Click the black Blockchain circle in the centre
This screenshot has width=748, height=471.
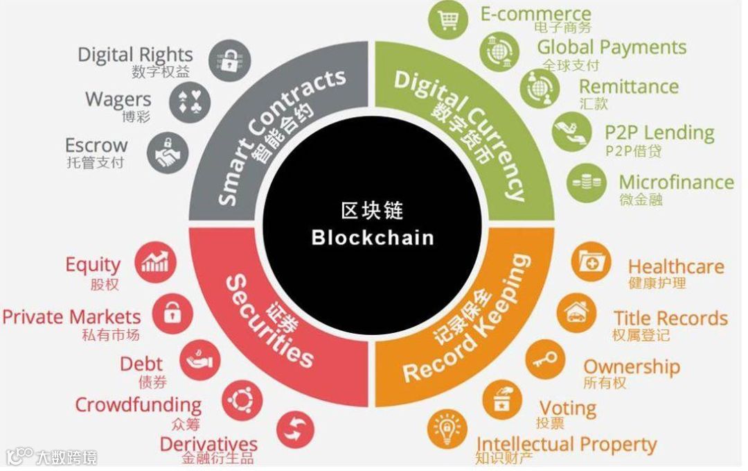(x=373, y=225)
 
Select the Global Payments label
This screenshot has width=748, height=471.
(x=612, y=47)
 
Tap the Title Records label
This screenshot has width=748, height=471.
(x=670, y=318)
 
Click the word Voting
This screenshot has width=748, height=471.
(x=568, y=408)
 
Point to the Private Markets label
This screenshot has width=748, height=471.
(x=71, y=317)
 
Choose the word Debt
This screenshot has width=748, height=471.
(x=141, y=363)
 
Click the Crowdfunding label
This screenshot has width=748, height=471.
(x=138, y=404)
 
